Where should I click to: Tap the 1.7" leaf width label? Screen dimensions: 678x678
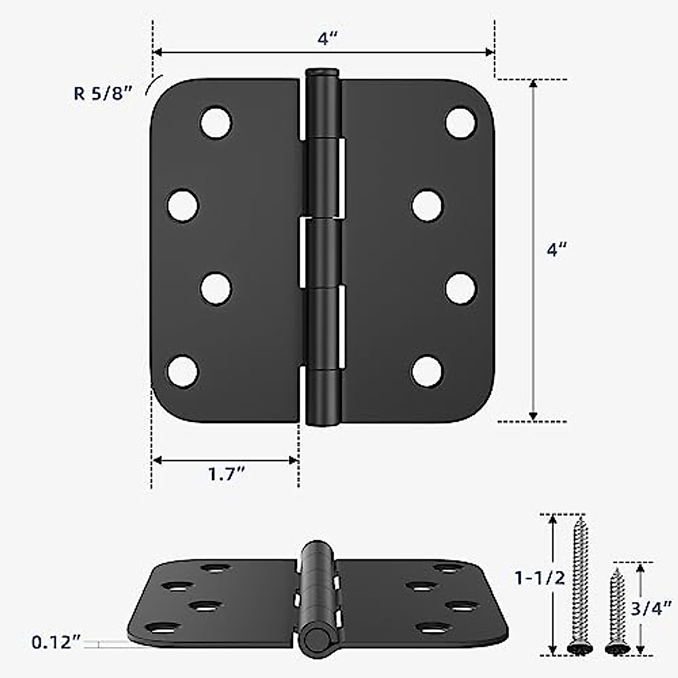point(225,475)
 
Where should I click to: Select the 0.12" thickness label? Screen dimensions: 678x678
point(56,642)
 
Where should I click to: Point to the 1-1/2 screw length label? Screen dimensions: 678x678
point(539,578)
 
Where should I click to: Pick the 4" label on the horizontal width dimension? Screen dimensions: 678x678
point(327,39)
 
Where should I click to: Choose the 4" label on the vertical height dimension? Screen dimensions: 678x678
point(557,250)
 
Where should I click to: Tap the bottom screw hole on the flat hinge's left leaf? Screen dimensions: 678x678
point(183,371)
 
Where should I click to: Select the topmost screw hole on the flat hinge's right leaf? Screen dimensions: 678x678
point(460,122)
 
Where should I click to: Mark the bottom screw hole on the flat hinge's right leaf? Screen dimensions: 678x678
point(427,372)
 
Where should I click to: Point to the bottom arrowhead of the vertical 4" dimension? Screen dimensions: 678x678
point(533,416)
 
